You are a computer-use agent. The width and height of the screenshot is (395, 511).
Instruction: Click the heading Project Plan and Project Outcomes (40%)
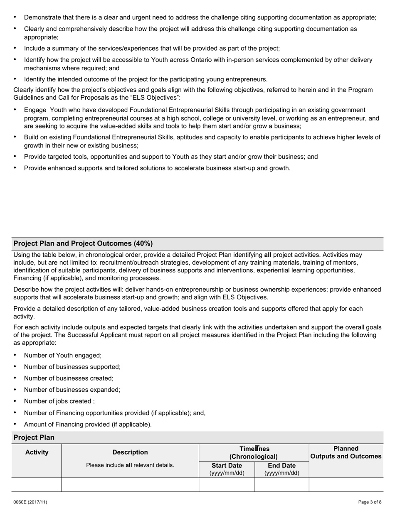click(x=83, y=243)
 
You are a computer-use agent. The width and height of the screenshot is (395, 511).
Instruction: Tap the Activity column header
click(x=37, y=452)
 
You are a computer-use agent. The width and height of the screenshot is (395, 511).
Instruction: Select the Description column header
click(x=130, y=452)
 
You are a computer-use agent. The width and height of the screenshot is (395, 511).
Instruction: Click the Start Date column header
click(x=227, y=466)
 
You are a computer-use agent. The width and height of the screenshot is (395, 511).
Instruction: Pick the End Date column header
click(x=282, y=466)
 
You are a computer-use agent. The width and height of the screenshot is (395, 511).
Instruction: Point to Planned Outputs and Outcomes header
click(x=346, y=452)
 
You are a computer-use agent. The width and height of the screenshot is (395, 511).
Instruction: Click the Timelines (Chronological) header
click(x=254, y=452)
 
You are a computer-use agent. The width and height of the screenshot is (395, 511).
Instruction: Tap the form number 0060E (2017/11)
click(x=30, y=502)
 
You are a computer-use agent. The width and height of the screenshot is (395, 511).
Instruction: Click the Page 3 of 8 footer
click(x=370, y=502)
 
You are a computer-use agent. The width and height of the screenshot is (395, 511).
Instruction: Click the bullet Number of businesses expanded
click(x=72, y=390)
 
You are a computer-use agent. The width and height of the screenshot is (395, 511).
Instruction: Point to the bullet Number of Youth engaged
click(x=63, y=355)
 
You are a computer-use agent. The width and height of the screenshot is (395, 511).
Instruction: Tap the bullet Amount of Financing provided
click(x=88, y=424)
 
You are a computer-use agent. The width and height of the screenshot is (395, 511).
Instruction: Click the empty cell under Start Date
click(x=227, y=484)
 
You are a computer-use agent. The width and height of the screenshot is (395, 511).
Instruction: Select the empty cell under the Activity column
click(x=37, y=484)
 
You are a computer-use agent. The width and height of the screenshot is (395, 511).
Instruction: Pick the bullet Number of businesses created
click(x=69, y=378)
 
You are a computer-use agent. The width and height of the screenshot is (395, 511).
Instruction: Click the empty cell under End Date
click(x=282, y=484)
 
